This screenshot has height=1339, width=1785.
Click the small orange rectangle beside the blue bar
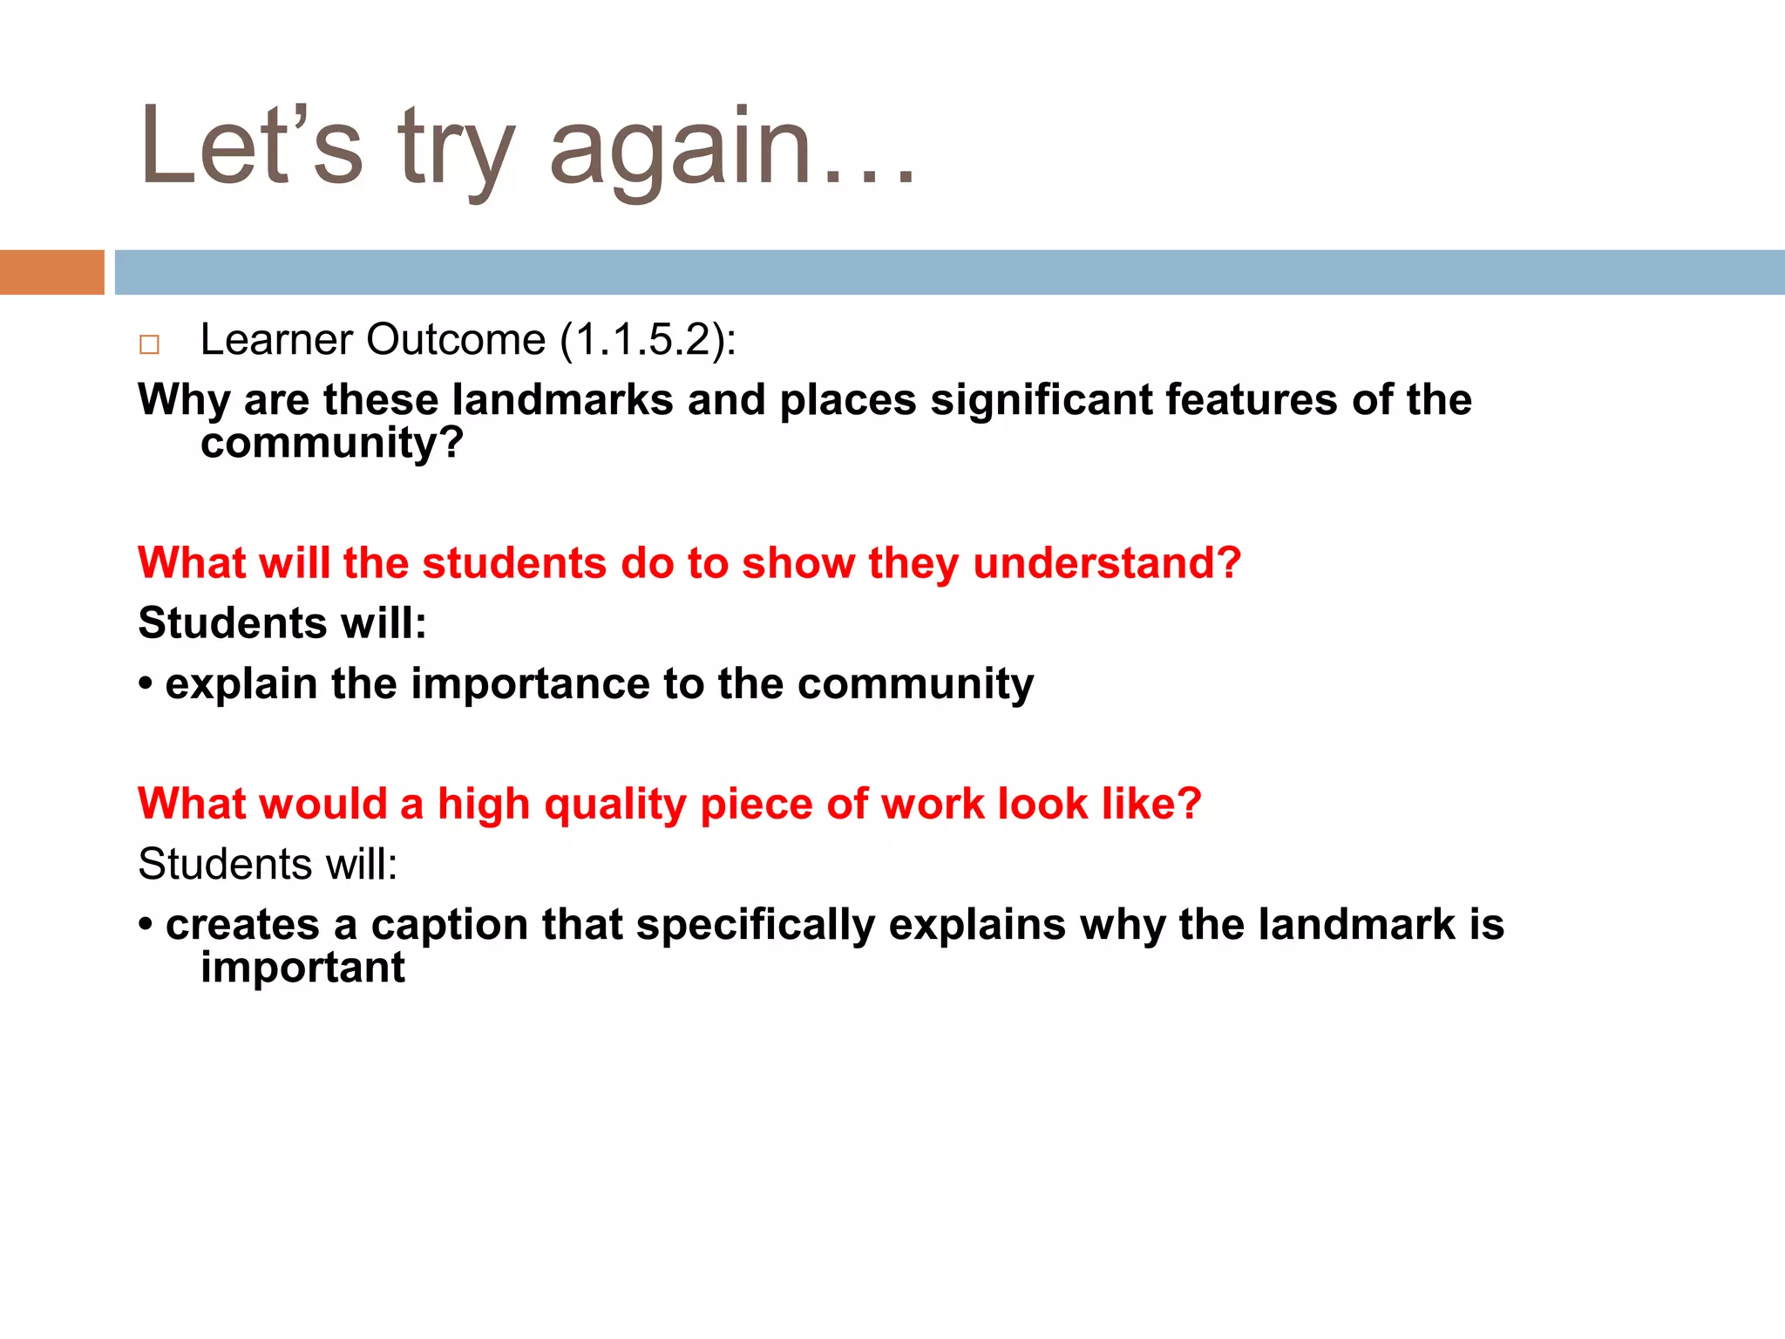51,272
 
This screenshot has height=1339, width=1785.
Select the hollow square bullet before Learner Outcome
149,344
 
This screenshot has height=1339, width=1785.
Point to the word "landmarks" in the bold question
562,400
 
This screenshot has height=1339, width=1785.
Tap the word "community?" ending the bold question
332,443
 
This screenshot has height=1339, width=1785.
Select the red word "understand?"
1107,563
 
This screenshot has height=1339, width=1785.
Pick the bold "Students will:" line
282,623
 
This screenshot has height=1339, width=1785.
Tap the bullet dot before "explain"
146,683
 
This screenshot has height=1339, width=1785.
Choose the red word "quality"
615,804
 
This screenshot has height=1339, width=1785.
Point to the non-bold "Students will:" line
268,864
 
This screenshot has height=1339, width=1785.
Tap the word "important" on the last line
302,968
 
